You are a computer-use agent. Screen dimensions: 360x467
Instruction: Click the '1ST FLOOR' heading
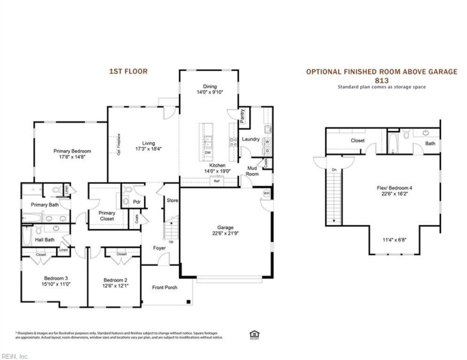click(127, 71)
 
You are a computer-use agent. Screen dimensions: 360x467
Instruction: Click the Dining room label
click(209, 86)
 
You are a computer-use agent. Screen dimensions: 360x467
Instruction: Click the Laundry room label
click(250, 139)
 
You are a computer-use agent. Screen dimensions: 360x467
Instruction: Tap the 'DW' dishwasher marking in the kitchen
click(208, 152)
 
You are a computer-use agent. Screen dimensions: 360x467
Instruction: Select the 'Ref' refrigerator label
click(216, 181)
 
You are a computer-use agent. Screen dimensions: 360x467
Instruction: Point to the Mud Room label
click(252, 172)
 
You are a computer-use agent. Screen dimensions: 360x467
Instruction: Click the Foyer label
click(159, 247)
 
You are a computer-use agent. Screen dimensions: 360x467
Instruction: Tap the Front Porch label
click(164, 287)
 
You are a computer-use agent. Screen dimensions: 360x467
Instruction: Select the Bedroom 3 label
click(56, 278)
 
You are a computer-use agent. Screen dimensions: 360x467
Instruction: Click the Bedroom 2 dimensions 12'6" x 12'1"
click(115, 286)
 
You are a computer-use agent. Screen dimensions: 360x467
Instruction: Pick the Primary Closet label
click(107, 215)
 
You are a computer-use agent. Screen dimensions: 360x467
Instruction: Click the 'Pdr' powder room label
click(137, 202)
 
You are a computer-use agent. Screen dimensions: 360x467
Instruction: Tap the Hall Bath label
click(44, 239)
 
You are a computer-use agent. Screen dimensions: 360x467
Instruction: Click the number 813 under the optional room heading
click(381, 80)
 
